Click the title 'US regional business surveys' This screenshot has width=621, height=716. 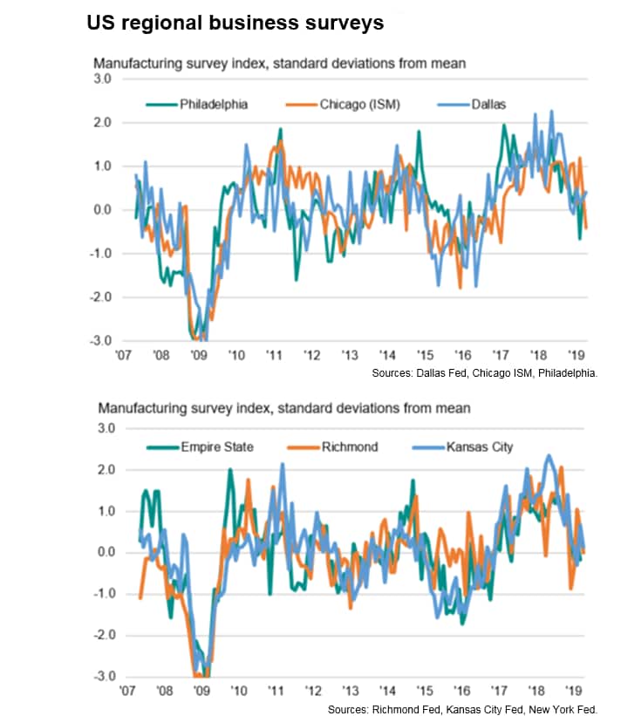tap(235, 24)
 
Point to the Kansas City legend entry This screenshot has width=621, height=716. tap(479, 447)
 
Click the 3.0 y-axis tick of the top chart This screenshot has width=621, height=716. tap(104, 79)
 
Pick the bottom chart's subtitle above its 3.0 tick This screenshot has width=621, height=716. tap(283, 407)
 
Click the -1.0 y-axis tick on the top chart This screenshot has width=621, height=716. tap(104, 254)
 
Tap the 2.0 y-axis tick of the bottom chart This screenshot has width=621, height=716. tap(106, 470)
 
